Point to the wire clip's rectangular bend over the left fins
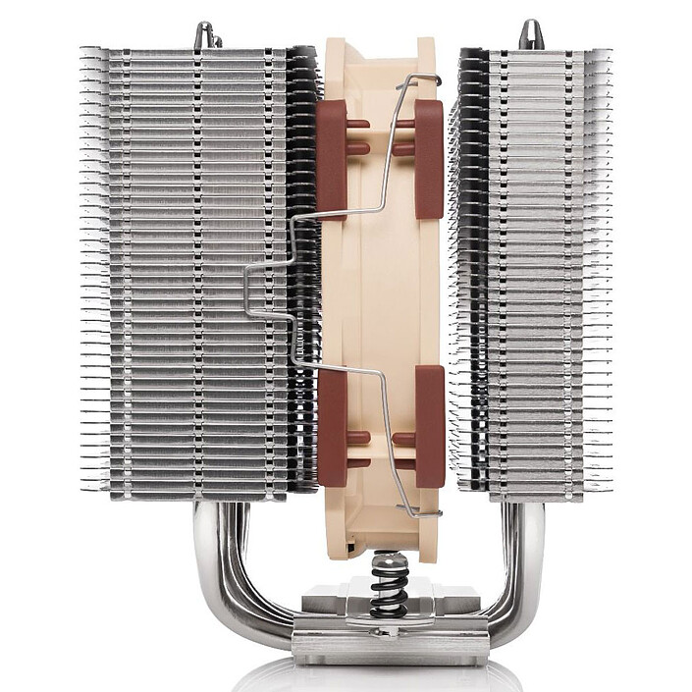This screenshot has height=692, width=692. [257, 290]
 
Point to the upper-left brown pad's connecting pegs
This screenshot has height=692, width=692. [357, 136]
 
